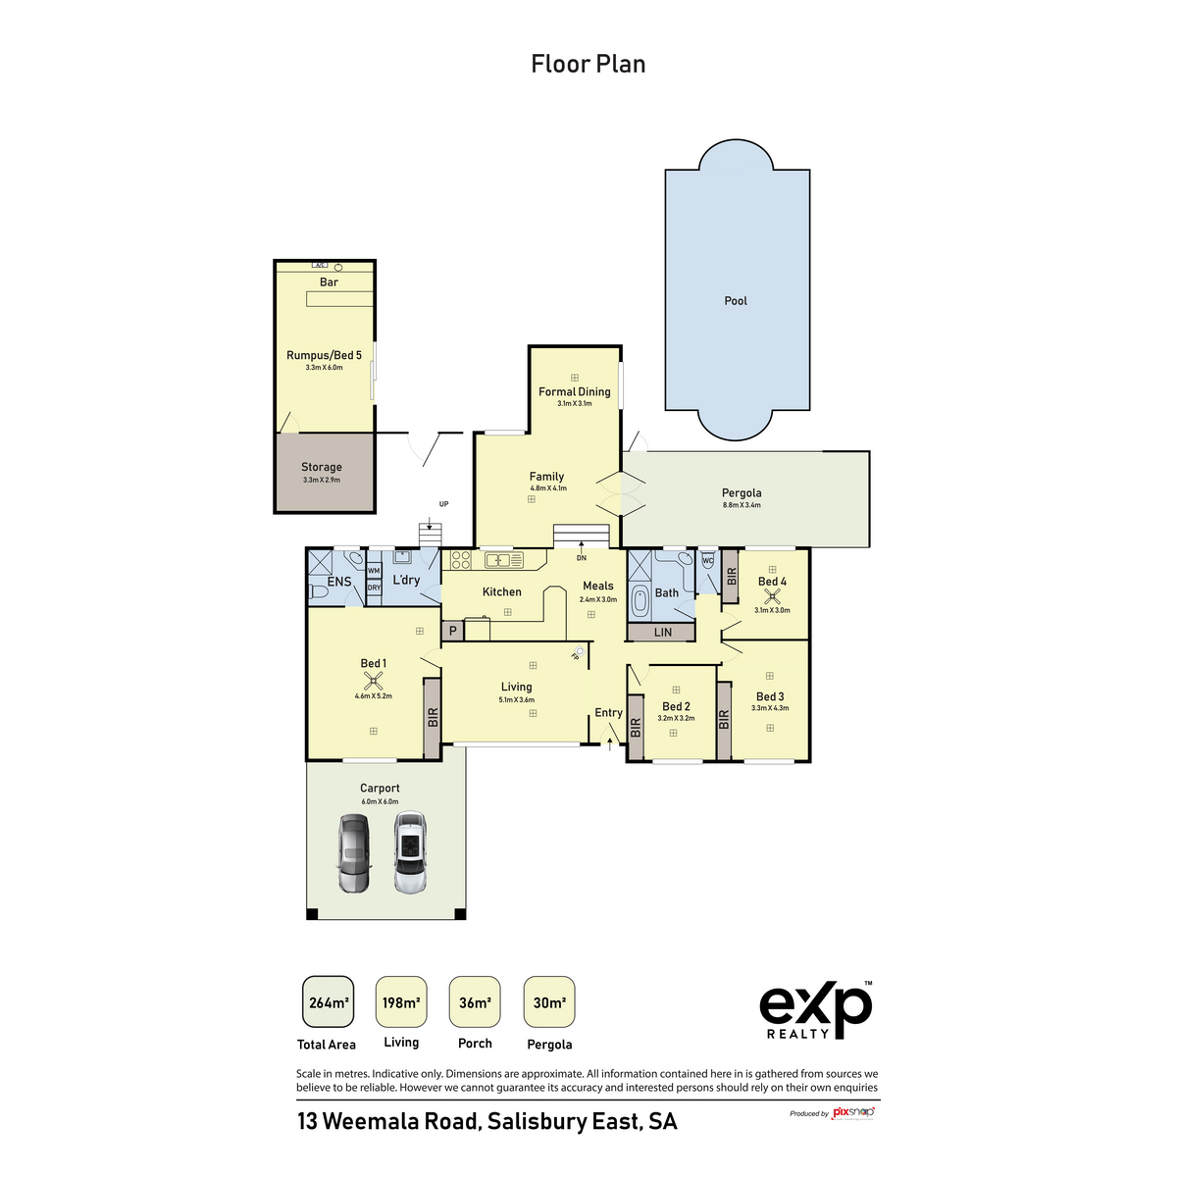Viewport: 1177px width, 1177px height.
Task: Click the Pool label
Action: (736, 301)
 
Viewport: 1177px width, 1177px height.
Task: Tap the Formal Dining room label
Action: (575, 391)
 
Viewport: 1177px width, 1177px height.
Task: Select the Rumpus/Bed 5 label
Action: (324, 355)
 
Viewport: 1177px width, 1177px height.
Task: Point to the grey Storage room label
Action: (322, 467)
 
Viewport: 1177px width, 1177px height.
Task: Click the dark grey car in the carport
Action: (353, 852)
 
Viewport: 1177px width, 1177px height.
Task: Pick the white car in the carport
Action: (410, 852)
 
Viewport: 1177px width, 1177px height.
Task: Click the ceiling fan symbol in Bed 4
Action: (772, 594)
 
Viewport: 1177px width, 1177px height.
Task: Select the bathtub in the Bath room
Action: (640, 598)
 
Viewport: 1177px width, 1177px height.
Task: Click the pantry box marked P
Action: (452, 632)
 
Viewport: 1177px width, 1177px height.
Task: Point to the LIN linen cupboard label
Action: (663, 633)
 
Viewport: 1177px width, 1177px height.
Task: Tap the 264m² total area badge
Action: (329, 1002)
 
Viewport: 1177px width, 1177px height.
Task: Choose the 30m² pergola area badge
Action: (549, 1002)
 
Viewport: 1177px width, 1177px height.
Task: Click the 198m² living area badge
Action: (401, 1002)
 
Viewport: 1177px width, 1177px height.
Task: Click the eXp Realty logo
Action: (815, 1008)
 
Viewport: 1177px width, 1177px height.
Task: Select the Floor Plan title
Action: (588, 64)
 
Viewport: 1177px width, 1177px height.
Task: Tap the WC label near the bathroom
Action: (707, 561)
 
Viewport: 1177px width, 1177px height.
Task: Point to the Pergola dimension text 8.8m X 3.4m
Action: (742, 505)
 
